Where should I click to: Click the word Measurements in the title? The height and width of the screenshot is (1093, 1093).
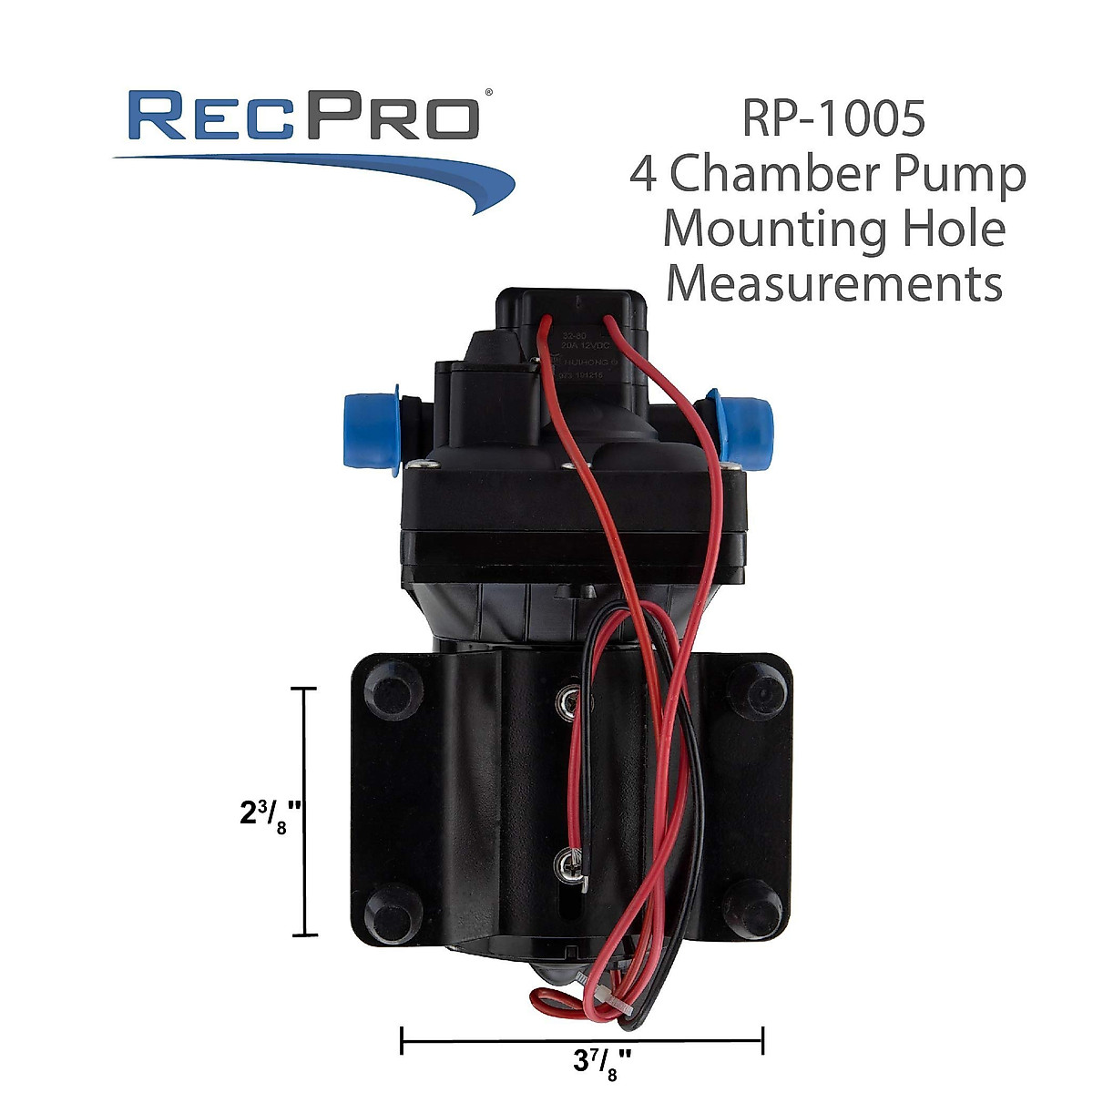[833, 283]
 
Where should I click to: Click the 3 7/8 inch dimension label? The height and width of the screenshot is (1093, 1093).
[603, 1061]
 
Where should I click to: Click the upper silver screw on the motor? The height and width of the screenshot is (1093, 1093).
[571, 700]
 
